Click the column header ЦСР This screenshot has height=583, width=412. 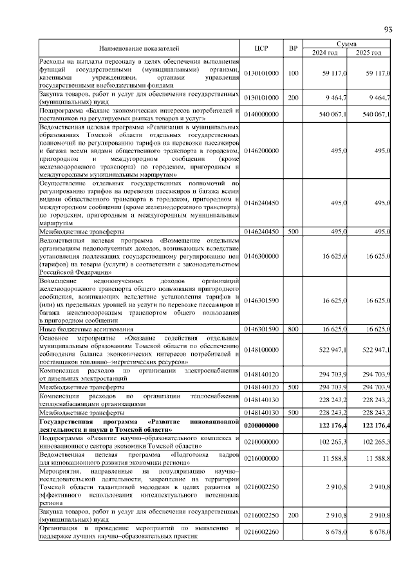pyautogui.click(x=261, y=48)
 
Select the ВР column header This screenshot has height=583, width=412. pyautogui.click(x=293, y=48)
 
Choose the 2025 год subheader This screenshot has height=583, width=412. pyautogui.click(x=369, y=53)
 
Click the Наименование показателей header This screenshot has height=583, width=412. pyautogui.click(x=138, y=48)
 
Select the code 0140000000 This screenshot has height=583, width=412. pyautogui.click(x=261, y=114)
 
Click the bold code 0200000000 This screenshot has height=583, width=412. pyautogui.click(x=261, y=425)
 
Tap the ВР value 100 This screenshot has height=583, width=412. pyautogui.click(x=293, y=74)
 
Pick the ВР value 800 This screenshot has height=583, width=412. pyautogui.click(x=293, y=329)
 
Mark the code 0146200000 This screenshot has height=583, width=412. pyautogui.click(x=261, y=150)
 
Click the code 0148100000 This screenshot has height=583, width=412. pyautogui.click(x=261, y=349)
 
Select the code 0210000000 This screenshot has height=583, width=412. pyautogui.click(x=261, y=441)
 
